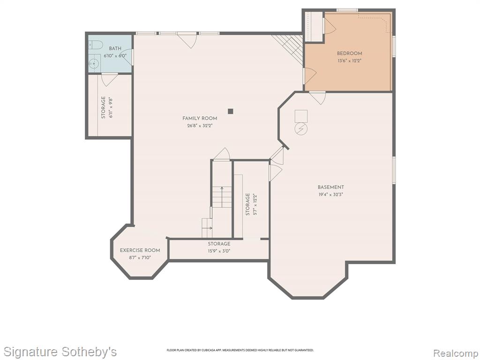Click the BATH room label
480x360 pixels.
tap(115, 48)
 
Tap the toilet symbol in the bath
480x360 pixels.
tap(96, 45)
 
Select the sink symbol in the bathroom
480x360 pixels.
tap(93, 64)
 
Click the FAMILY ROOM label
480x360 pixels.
tap(200, 118)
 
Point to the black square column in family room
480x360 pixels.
tap(231, 111)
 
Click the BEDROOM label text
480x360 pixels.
tap(349, 53)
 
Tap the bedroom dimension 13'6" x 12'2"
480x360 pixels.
tap(350, 60)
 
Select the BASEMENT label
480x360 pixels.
tap(330, 187)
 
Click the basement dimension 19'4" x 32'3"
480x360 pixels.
tap(330, 195)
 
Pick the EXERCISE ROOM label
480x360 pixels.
tap(140, 250)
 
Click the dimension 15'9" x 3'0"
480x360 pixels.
tap(219, 251)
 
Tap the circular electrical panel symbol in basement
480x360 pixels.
tap(300, 129)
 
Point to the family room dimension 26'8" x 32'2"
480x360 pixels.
tap(200, 126)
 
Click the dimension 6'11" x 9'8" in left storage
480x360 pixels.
tap(111, 108)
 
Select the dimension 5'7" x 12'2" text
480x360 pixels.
tap(255, 204)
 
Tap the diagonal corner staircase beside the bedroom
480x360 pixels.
tap(288, 48)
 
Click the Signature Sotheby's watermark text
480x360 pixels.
tap(60, 352)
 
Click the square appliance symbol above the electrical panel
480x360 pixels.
tap(301, 116)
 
